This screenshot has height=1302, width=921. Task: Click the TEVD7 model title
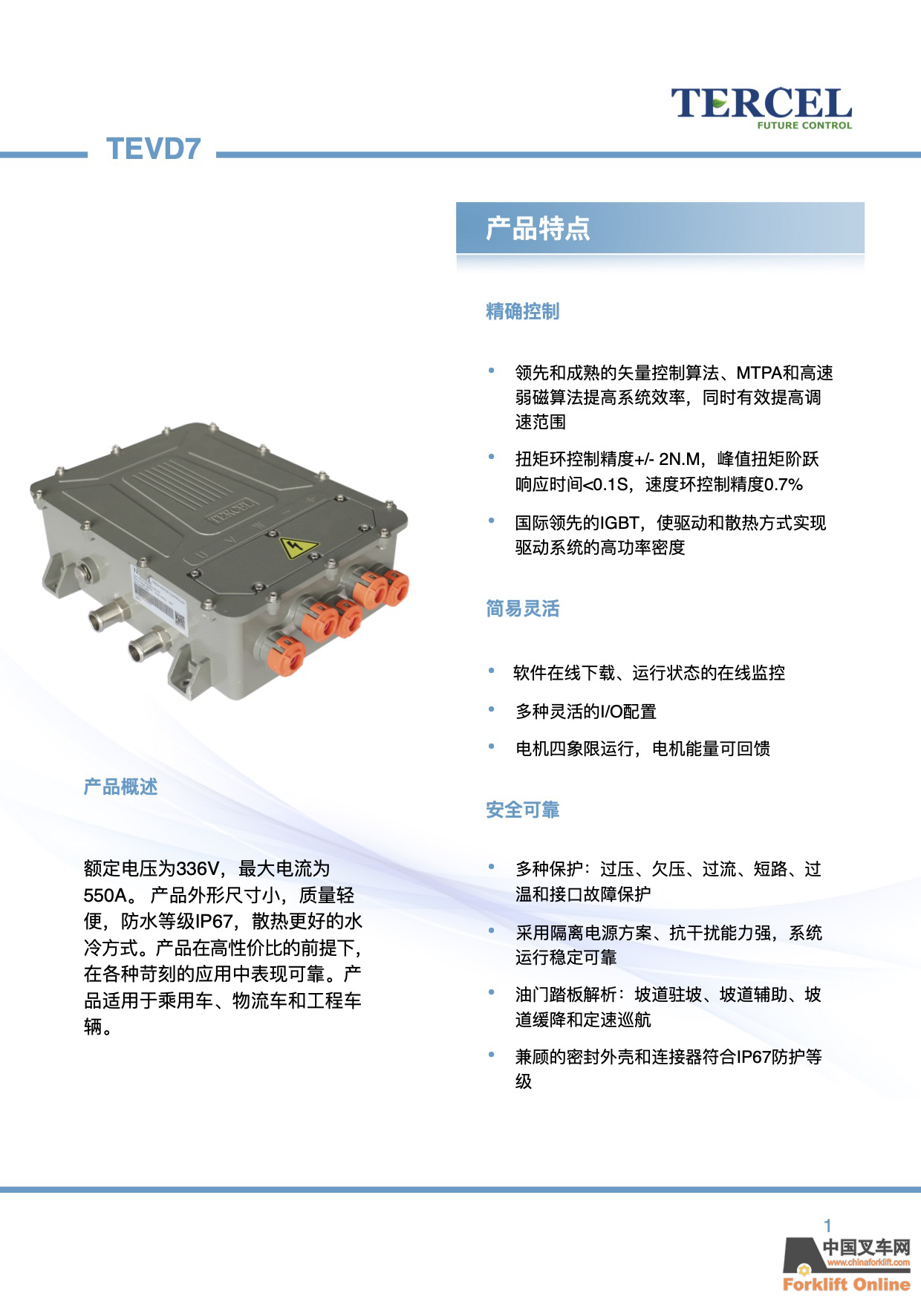tap(154, 149)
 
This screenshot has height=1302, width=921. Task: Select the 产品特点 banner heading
tap(538, 228)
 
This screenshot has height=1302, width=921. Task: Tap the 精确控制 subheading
tap(523, 311)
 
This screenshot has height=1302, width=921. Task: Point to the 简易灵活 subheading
tap(523, 609)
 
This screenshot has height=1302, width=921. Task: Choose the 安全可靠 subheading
tap(523, 810)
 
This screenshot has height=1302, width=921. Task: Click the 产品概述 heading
tap(120, 787)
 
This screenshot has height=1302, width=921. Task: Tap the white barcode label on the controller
tap(158, 597)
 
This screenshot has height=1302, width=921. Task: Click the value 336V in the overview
tap(198, 868)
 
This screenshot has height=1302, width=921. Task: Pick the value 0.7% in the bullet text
tap(784, 485)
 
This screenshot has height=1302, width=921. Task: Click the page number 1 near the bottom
tap(827, 1225)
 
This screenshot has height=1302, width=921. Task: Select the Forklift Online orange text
tap(846, 1284)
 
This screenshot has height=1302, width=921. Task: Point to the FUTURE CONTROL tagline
tap(804, 126)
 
